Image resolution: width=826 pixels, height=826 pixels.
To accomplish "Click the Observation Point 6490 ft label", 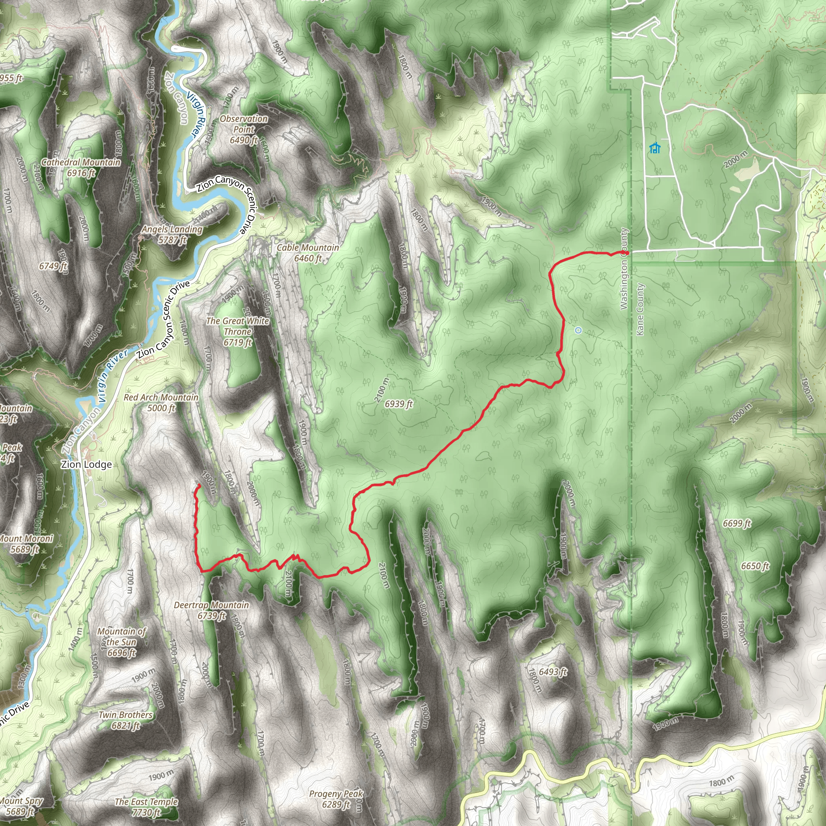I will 244,129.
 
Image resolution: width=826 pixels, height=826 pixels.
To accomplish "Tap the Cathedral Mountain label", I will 81,168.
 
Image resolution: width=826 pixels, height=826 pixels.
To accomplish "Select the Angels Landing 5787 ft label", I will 172,234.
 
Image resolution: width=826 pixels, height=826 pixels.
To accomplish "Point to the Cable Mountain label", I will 308,252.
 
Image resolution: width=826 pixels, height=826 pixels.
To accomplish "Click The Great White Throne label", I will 238,332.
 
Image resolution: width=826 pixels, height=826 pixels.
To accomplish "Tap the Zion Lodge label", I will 86,464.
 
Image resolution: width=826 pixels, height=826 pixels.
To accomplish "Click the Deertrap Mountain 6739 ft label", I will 211,610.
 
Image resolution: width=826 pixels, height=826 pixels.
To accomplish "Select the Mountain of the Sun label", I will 122,642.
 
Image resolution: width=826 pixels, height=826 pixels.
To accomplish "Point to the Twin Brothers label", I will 125,720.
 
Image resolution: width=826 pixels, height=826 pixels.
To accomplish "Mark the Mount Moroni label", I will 26,544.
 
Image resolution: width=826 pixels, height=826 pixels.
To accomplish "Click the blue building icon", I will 655,148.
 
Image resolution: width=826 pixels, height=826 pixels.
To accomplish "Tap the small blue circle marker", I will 578,330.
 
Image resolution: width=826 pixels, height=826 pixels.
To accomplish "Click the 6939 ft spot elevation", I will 398,404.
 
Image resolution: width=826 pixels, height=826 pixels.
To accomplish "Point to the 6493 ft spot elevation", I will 553,672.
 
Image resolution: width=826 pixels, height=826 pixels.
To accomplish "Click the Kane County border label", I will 640,309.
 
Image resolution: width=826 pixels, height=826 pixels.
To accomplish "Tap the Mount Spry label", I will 21,805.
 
